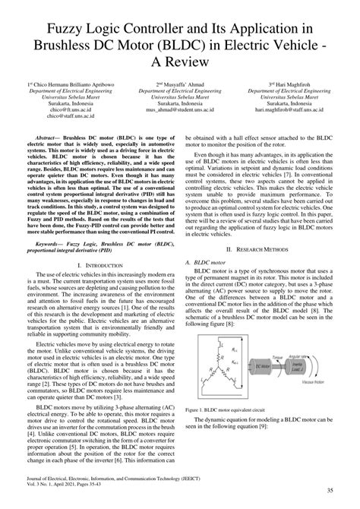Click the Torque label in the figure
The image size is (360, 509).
pos(278,352)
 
